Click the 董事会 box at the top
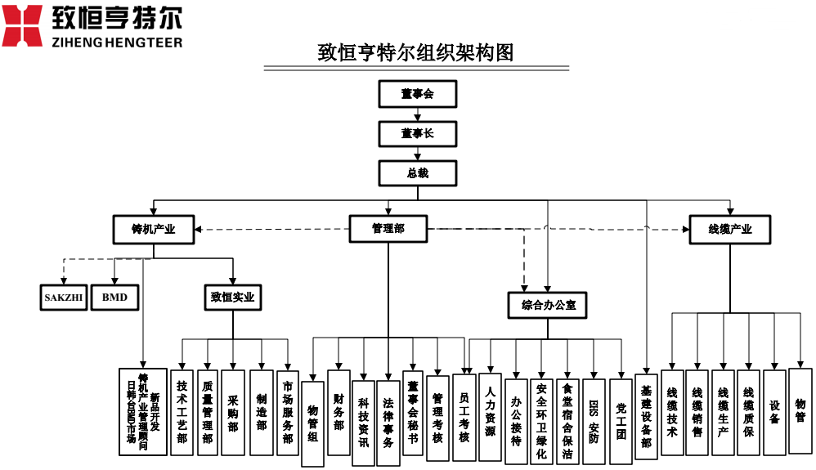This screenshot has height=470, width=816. (417, 94)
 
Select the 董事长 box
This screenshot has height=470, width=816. (417, 133)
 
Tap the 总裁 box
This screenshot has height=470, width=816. (417, 173)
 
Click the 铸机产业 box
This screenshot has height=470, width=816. (154, 230)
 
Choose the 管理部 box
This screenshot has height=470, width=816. (388, 229)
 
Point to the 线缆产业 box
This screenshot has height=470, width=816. (730, 230)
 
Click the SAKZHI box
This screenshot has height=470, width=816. (64, 298)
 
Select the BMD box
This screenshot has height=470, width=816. (114, 298)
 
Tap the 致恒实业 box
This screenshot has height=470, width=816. (232, 298)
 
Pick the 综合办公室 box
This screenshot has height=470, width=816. (548, 305)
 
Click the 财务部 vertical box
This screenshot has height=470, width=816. (339, 413)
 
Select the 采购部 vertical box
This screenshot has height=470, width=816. (233, 413)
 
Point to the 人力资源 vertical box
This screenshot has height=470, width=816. (490, 417)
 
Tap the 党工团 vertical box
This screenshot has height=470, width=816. (621, 422)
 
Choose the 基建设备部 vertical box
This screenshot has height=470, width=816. (646, 417)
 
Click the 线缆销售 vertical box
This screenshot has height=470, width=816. (697, 413)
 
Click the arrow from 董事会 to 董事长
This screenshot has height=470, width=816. (417, 114)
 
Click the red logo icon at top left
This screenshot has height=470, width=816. (22, 25)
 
